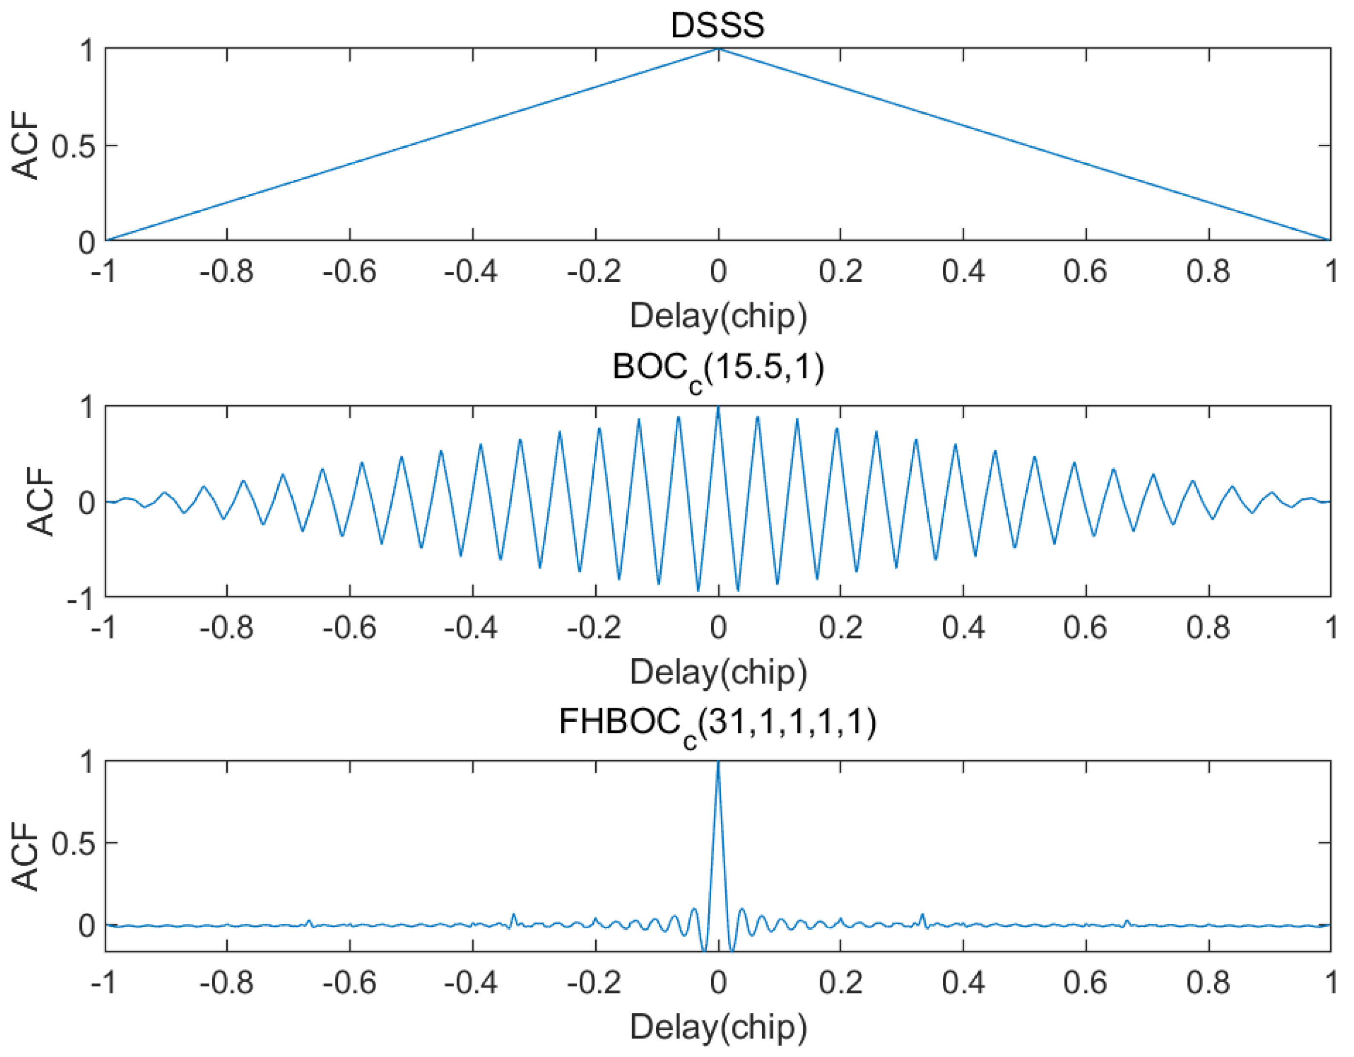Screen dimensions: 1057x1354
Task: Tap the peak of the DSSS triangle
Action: [x=718, y=49]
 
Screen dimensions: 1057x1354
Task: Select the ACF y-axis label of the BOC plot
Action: [x=42, y=501]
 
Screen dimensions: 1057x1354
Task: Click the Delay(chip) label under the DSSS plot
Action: [x=718, y=316]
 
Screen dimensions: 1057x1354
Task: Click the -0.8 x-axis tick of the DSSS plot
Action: [x=226, y=272]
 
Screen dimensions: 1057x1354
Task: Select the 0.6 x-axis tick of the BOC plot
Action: [x=1086, y=628]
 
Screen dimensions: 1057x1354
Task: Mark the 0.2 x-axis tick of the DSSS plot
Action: [x=840, y=272]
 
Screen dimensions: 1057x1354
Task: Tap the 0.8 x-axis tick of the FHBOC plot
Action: [x=1208, y=983]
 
